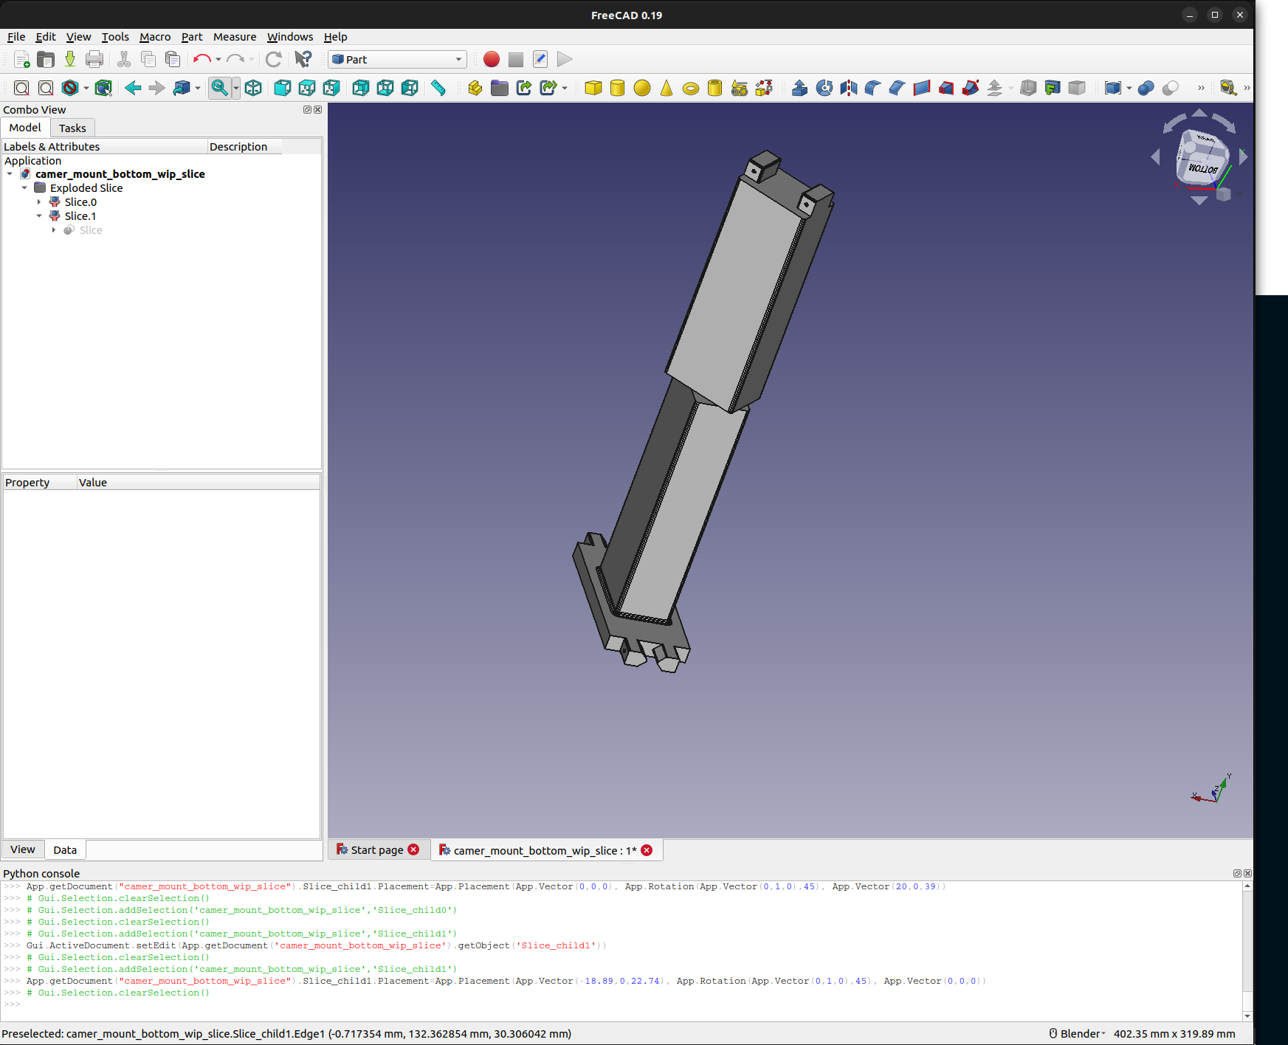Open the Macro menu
[x=154, y=37]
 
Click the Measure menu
[x=234, y=37]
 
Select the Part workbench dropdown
[x=397, y=60]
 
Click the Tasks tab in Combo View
[x=72, y=128]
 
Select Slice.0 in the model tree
[x=80, y=202]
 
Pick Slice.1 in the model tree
[x=80, y=216]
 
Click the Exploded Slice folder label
[x=86, y=188]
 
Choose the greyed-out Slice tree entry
[x=91, y=230]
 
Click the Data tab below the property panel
[x=65, y=850]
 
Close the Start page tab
[x=413, y=850]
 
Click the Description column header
[x=238, y=147]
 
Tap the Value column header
[x=93, y=483]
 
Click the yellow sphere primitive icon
[x=642, y=89]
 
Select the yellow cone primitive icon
[x=667, y=89]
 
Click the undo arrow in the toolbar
[x=201, y=60]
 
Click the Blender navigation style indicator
[x=1078, y=1034]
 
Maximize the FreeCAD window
[x=1215, y=15]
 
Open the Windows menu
[x=289, y=37]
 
